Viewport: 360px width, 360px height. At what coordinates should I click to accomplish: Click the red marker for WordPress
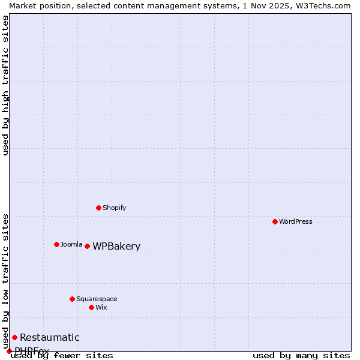(275, 221)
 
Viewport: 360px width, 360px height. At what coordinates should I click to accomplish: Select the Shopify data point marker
(98, 208)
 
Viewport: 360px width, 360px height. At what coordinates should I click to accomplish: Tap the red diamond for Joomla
(56, 244)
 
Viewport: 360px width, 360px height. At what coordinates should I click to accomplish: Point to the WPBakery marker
(87, 246)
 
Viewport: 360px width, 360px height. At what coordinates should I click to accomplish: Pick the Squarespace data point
(72, 299)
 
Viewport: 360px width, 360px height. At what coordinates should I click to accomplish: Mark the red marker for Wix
(91, 307)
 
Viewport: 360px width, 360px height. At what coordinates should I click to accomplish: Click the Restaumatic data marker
(14, 337)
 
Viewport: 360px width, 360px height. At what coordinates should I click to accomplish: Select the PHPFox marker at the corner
(9, 351)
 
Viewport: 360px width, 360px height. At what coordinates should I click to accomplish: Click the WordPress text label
(296, 221)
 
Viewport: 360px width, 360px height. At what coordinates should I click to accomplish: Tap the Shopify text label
(114, 208)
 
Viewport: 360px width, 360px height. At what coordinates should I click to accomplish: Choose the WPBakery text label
(116, 247)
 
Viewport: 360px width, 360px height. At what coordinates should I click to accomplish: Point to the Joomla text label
(71, 244)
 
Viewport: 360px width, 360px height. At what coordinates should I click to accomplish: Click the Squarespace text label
(97, 299)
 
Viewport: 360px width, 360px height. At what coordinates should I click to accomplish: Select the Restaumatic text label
(49, 338)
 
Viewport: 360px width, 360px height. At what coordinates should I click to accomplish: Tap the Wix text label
(101, 307)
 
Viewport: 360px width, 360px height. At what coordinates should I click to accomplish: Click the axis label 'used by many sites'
(301, 355)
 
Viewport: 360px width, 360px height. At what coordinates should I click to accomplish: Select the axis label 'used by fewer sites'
(62, 355)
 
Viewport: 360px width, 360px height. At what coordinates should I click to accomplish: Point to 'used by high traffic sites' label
(6, 85)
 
